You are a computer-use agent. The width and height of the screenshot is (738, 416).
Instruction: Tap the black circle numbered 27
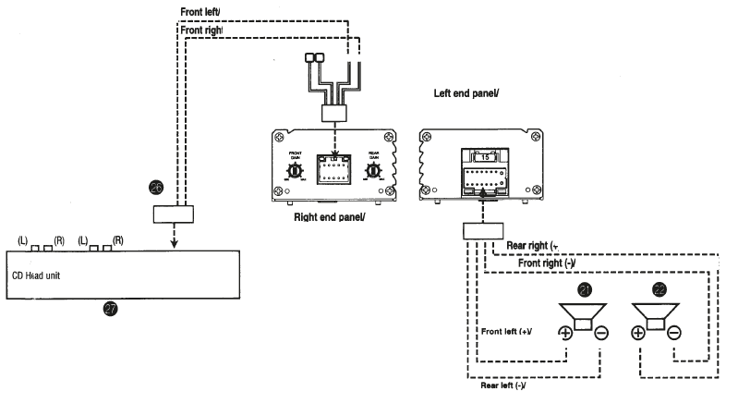click(x=111, y=311)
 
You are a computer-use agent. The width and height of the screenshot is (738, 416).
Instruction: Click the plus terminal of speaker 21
click(x=564, y=333)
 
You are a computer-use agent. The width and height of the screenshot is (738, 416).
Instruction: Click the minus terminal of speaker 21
click(x=601, y=333)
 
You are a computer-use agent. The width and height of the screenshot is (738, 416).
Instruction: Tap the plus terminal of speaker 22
click(x=637, y=333)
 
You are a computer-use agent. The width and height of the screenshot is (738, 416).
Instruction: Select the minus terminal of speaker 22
click(x=674, y=333)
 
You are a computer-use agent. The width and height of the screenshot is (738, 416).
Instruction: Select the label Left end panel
click(x=466, y=93)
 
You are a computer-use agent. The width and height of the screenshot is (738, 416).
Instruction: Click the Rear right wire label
click(x=530, y=246)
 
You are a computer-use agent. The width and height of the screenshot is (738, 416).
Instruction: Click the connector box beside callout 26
click(x=174, y=214)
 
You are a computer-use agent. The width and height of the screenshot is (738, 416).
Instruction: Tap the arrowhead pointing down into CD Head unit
click(x=174, y=245)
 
